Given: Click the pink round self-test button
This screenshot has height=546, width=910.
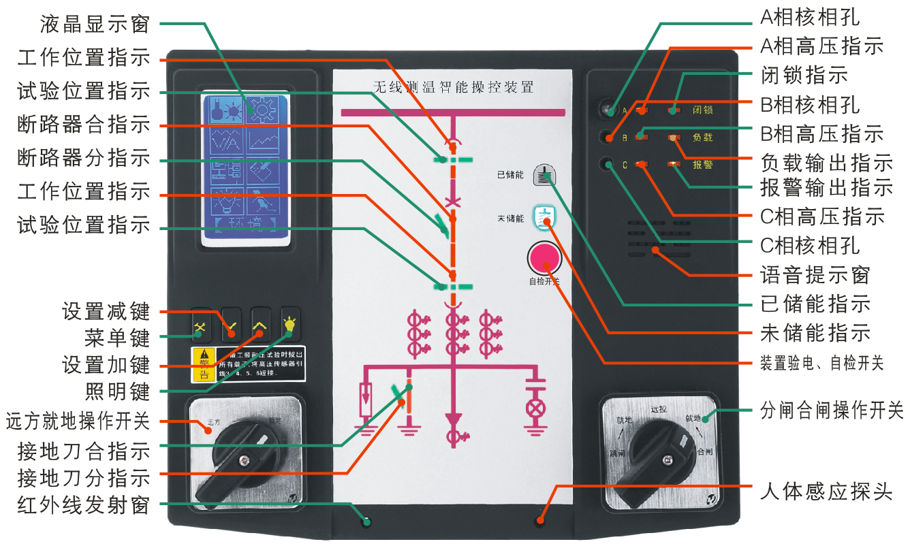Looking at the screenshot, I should pos(543,259).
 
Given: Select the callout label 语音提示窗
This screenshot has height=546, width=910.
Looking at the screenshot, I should pos(815,275).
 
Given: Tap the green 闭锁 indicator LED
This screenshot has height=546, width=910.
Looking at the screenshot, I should pos(673,110).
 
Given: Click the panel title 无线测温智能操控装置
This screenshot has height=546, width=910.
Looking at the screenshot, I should pos(453,86).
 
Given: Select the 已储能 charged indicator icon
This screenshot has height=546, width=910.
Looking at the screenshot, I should pos(544,175).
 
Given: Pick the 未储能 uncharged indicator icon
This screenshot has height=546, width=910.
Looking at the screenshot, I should pos(544,217).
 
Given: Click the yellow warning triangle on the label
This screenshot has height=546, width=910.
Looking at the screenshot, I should pos(202,355).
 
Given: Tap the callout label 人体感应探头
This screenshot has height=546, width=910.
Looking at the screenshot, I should pos(826,492).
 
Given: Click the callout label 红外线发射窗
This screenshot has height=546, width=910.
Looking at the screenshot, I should pos(84,505).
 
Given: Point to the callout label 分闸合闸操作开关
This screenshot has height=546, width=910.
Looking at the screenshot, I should pos(832,411).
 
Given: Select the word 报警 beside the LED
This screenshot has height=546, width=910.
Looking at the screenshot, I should pos(703,165).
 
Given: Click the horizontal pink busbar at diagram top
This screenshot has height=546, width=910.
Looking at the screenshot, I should pos(453,113).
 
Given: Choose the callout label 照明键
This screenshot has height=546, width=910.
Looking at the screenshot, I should pos(117,392).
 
